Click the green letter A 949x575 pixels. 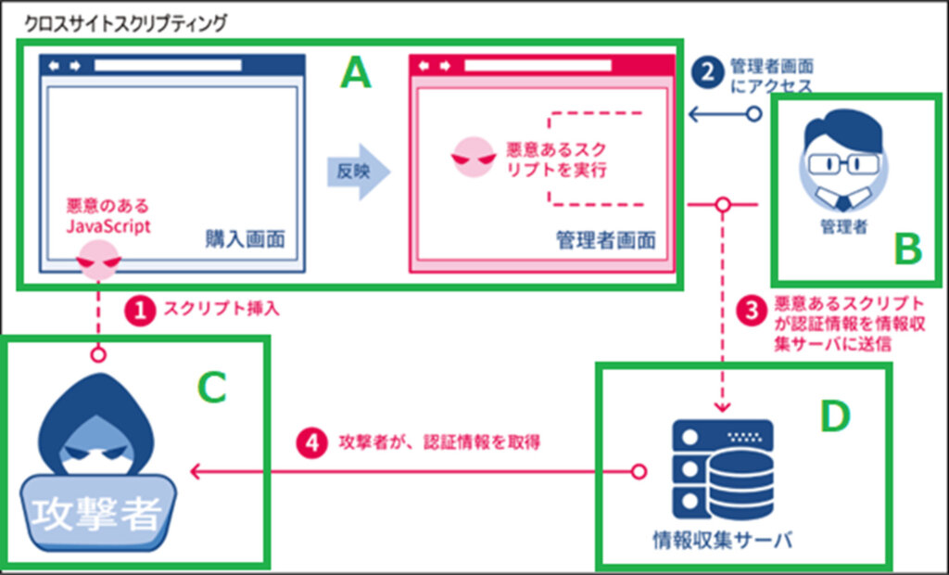point(355,72)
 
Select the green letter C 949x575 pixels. point(212,388)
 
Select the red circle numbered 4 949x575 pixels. point(311,442)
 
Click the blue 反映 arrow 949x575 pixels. point(357,172)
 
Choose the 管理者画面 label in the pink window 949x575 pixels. point(606,240)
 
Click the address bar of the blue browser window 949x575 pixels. point(172,66)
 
